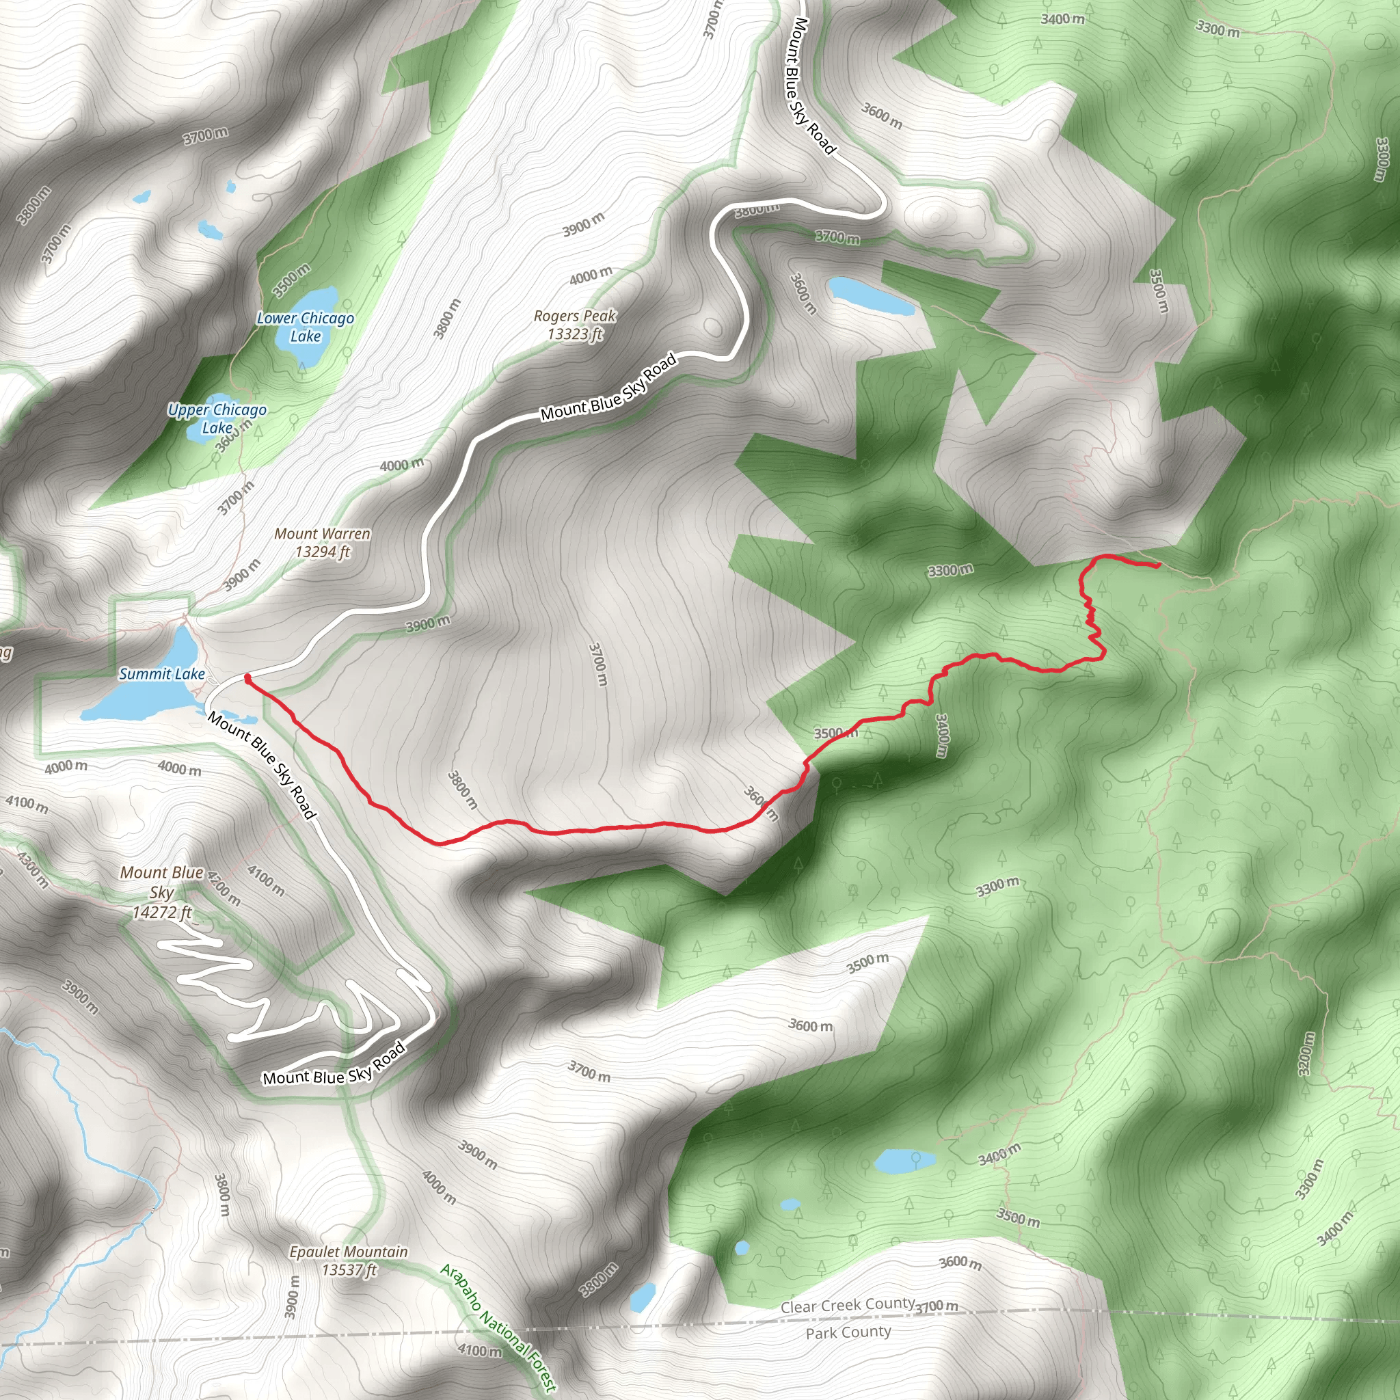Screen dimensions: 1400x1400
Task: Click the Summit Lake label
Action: tap(161, 674)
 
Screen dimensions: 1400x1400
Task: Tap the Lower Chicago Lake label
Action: tap(305, 327)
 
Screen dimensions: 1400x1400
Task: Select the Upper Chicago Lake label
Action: tap(217, 418)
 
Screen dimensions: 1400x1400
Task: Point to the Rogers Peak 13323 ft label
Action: tap(575, 325)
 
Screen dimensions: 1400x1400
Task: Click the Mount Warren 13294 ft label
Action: tap(322, 542)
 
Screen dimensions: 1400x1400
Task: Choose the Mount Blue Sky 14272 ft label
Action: tap(161, 892)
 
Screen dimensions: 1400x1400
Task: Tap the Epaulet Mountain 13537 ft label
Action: tap(349, 1260)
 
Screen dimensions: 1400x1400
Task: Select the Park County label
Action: tap(848, 1332)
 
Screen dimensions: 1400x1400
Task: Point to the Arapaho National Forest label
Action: tap(498, 1327)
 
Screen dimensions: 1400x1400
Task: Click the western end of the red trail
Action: tap(248, 678)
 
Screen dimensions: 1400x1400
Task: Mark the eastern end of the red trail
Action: tap(1159, 565)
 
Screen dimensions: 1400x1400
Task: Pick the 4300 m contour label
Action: tap(33, 870)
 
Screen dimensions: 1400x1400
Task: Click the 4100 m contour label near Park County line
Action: tap(480, 1351)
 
